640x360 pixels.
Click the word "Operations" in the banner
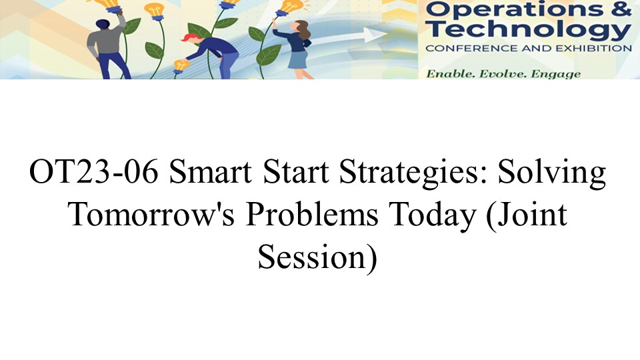point(513,9)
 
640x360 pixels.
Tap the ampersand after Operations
point(621,8)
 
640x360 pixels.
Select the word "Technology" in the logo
point(528,30)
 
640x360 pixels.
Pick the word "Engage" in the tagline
point(555,75)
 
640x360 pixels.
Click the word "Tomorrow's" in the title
point(151,214)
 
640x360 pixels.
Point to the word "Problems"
point(312,214)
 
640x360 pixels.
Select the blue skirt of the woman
point(298,59)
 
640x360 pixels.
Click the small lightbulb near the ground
point(181,65)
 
